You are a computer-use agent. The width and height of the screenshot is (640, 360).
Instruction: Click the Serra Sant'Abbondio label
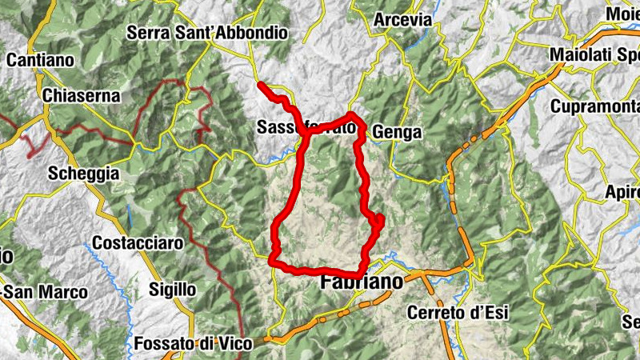pyautogui.click(x=207, y=34)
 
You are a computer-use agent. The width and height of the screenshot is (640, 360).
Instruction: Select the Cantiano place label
pyautogui.click(x=40, y=59)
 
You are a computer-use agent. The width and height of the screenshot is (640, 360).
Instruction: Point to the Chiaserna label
pyautogui.click(x=83, y=96)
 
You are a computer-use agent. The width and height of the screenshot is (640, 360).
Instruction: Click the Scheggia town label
pyautogui.click(x=83, y=174)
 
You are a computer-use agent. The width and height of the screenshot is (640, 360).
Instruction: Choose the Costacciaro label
pyautogui.click(x=138, y=242)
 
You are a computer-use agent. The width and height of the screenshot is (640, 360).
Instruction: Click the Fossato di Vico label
pyautogui.click(x=193, y=344)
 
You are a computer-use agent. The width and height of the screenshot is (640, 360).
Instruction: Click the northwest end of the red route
pyautogui.click(x=261, y=84)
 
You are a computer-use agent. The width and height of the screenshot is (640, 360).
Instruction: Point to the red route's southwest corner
pyautogui.click(x=274, y=260)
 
